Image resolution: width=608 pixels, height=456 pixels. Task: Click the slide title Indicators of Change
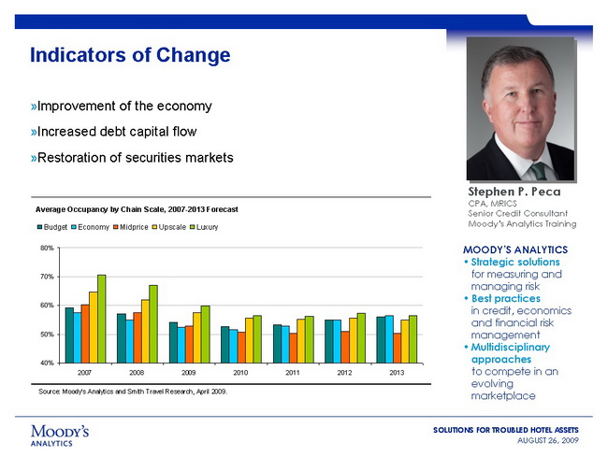130,55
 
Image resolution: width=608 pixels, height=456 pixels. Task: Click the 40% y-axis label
46,363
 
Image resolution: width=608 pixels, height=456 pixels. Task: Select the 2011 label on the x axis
292,372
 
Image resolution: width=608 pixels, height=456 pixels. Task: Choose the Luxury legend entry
203,228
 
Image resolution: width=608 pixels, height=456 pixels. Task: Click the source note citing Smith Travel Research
133,391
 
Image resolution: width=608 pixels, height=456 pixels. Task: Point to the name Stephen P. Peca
520,192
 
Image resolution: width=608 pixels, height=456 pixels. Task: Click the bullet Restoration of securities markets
132,157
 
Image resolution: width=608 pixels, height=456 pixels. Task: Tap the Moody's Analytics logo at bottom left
60,435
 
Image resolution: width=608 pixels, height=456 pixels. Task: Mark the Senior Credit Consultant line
520,214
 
